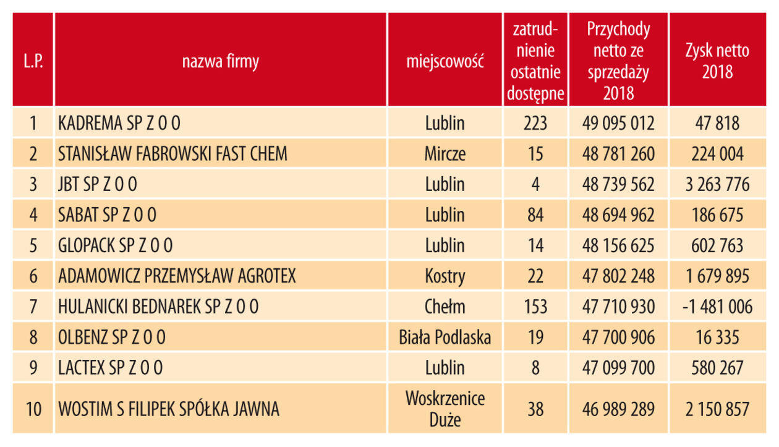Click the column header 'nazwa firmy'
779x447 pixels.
(220, 62)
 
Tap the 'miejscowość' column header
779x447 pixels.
(445, 62)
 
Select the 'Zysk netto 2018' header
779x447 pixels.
(717, 61)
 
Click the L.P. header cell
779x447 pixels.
(33, 62)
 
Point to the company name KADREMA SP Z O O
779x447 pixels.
(119, 123)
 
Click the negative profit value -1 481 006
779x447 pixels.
(717, 307)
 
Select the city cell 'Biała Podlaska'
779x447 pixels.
(445, 338)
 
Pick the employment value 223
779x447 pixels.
(535, 123)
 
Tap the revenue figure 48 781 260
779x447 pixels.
(618, 154)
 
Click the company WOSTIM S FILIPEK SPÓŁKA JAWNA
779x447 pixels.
(169, 409)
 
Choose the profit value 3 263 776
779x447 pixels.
(717, 184)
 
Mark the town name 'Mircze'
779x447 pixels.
(445, 154)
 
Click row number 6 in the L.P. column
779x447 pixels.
(33, 276)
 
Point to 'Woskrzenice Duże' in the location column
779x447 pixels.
(445, 409)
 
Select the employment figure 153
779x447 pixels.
(535, 307)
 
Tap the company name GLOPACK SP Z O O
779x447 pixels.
(116, 245)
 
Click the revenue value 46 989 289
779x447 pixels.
(618, 409)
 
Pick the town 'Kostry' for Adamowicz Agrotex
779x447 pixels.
(445, 276)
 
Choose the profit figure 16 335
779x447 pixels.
(717, 338)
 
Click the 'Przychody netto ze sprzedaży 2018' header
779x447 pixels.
(618, 61)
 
